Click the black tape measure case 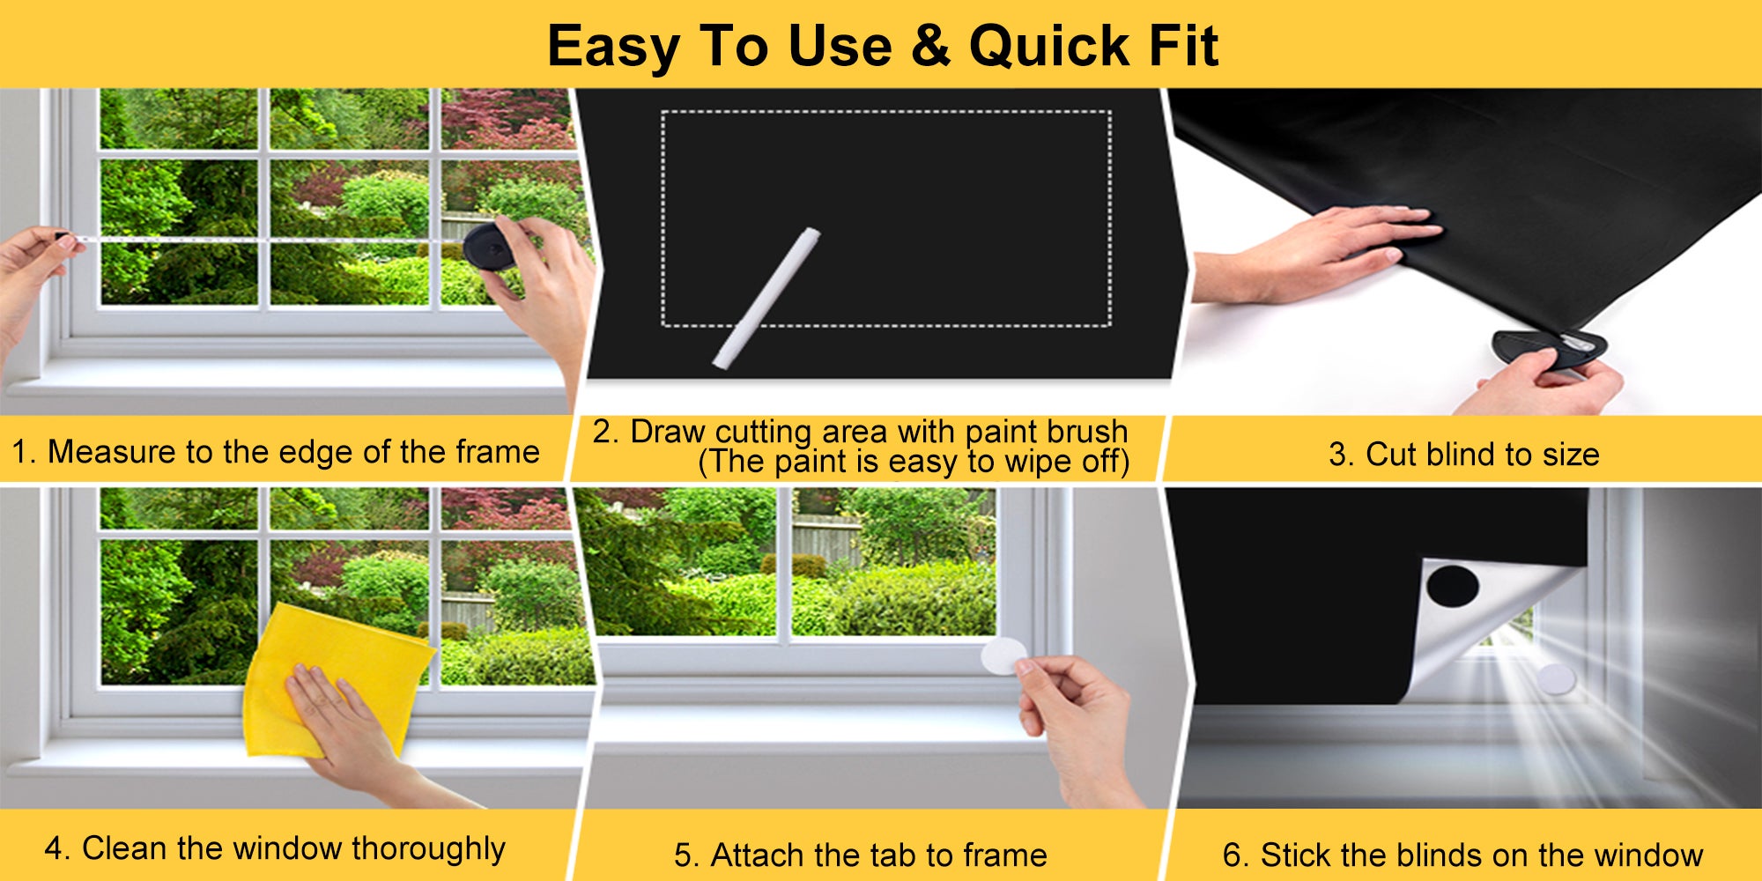489,246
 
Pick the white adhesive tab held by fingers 1003,656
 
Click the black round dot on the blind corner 1452,586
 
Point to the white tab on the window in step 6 1556,677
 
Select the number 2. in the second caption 606,431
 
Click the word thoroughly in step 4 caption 429,849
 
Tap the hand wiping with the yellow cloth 352,722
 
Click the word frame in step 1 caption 498,452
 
